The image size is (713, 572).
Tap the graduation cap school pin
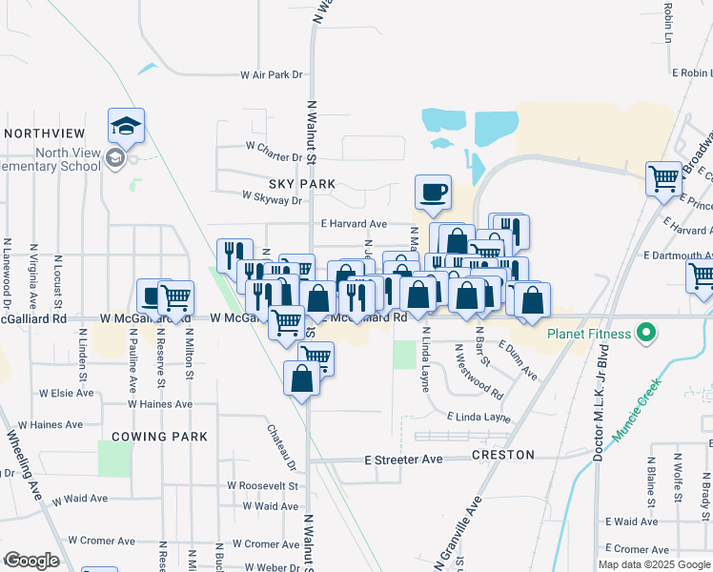tap(126, 126)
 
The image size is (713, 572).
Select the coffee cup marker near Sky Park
tap(433, 192)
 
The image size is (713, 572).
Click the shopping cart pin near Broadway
tap(664, 178)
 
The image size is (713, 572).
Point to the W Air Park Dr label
tap(271, 74)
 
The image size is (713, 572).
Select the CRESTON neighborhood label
tap(502, 455)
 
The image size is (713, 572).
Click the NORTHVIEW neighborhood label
tap(46, 133)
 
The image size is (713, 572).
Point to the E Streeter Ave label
tap(404, 460)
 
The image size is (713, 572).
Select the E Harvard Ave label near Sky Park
tap(353, 224)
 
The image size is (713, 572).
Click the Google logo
tap(31, 561)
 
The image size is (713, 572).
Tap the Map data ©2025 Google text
tap(653, 564)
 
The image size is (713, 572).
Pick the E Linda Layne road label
tap(479, 418)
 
